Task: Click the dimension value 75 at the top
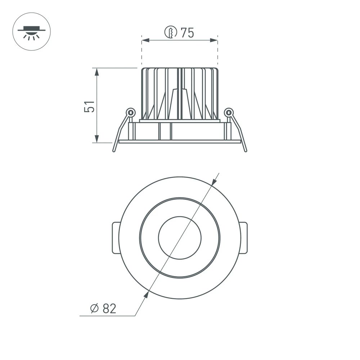[x=187, y=33]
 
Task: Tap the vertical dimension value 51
[x=90, y=107]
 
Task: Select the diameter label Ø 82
[x=103, y=309]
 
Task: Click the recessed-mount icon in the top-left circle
[x=32, y=30]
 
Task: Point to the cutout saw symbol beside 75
[x=170, y=33]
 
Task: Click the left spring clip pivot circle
[x=131, y=113]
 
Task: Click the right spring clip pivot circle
[x=228, y=113]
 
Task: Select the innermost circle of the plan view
[x=180, y=238]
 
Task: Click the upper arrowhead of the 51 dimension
[x=96, y=72]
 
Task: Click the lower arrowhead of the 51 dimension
[x=96, y=139]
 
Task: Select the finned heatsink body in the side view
[x=180, y=93]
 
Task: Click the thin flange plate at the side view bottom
[x=180, y=141]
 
